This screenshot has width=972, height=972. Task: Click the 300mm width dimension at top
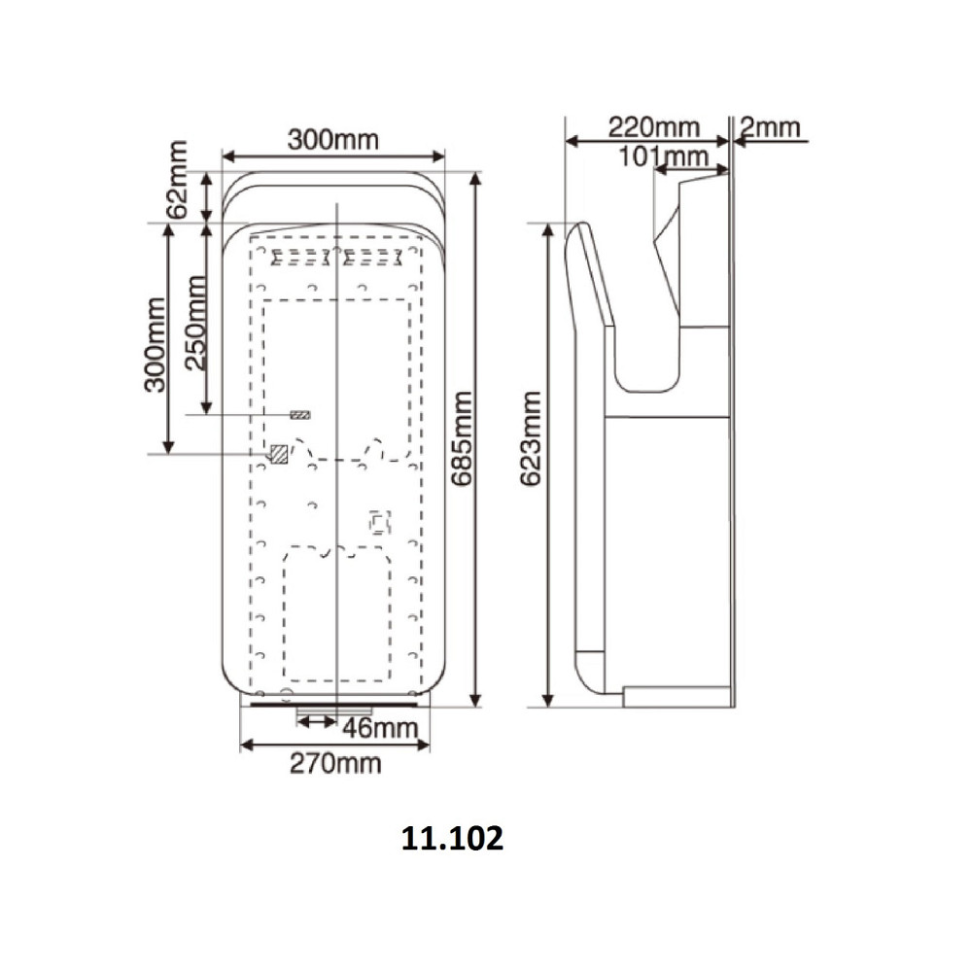[x=331, y=139]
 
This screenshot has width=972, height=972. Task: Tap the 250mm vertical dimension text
[x=195, y=322]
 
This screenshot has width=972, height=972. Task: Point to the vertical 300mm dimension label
[x=154, y=345]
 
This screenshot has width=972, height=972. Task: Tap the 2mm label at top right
[x=769, y=127]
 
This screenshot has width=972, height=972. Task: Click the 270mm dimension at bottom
[x=334, y=763]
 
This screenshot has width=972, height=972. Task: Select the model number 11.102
[x=452, y=839]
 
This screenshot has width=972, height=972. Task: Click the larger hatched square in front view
[x=279, y=453]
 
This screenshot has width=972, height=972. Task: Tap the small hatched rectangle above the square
[x=301, y=415]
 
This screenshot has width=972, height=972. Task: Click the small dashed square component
[x=379, y=524]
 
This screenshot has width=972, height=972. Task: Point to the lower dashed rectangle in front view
[x=337, y=617]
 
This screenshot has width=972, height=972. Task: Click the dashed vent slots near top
[x=337, y=259]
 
